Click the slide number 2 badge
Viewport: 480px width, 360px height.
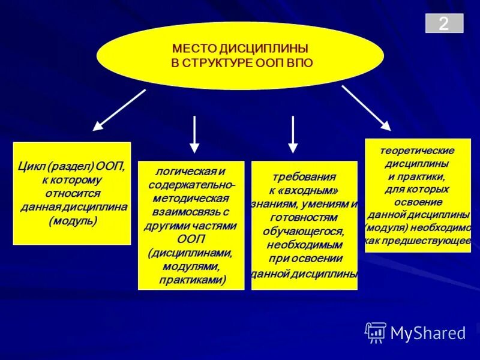coord(444,23)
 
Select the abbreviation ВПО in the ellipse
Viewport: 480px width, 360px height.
coord(299,62)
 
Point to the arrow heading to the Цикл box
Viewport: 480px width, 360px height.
coord(119,110)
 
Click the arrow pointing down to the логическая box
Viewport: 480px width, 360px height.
coord(194,134)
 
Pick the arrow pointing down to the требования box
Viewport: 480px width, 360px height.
coord(292,134)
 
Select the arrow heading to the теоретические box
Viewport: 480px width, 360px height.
coord(367,108)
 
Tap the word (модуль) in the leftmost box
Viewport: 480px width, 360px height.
coord(73,220)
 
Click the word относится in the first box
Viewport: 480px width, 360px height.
coord(73,193)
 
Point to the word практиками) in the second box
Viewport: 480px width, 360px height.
coord(192,280)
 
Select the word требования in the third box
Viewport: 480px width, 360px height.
coord(304,177)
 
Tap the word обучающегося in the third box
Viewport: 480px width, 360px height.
coord(304,231)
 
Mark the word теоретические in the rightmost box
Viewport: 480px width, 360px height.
coord(418,150)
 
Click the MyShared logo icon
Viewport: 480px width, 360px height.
coord(376,332)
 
